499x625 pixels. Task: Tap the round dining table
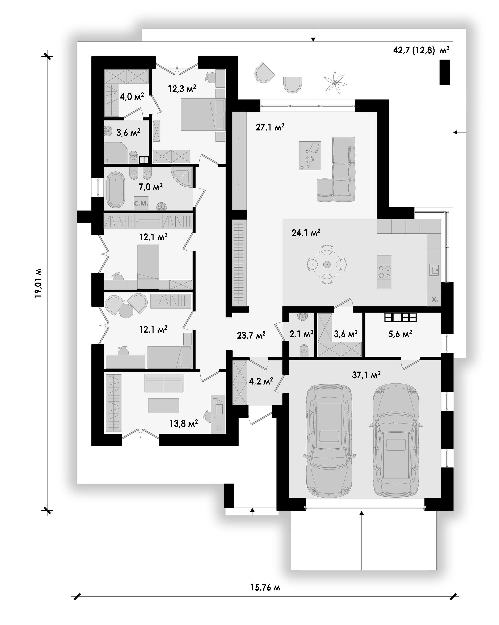pyautogui.click(x=327, y=264)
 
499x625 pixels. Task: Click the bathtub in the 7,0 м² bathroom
pyautogui.click(x=116, y=190)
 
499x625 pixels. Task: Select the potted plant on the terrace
pyautogui.click(x=335, y=82)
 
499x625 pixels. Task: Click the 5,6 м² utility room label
pyautogui.click(x=400, y=334)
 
